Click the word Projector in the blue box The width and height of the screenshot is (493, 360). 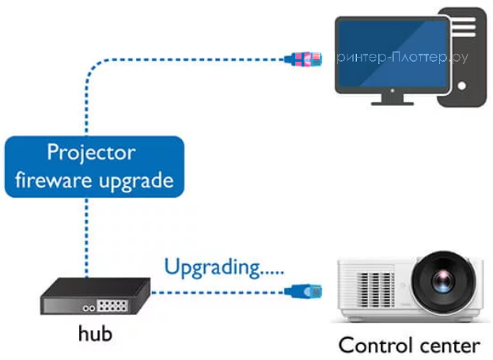(x=91, y=153)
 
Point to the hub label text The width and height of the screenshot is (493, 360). (x=95, y=333)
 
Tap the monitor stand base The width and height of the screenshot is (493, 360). (x=392, y=100)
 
